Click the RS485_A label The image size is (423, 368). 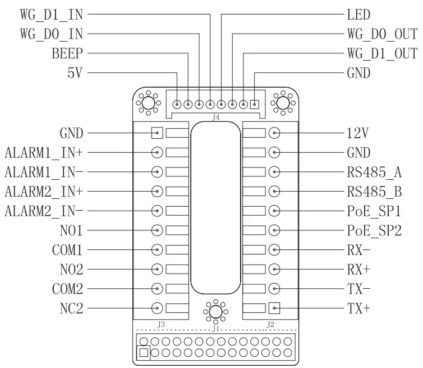coord(374,172)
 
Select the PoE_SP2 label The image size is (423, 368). coord(374,230)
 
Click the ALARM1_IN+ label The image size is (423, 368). coord(44,152)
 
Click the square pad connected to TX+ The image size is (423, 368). coord(274,308)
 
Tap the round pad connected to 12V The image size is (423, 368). coord(274,133)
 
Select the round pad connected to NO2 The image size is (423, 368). coord(158,269)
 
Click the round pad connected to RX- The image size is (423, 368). coord(274,249)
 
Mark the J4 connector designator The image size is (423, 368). coord(215,118)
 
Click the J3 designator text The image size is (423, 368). coord(161,324)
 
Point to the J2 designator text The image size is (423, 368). coord(270,324)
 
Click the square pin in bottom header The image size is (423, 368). coord(144,352)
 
